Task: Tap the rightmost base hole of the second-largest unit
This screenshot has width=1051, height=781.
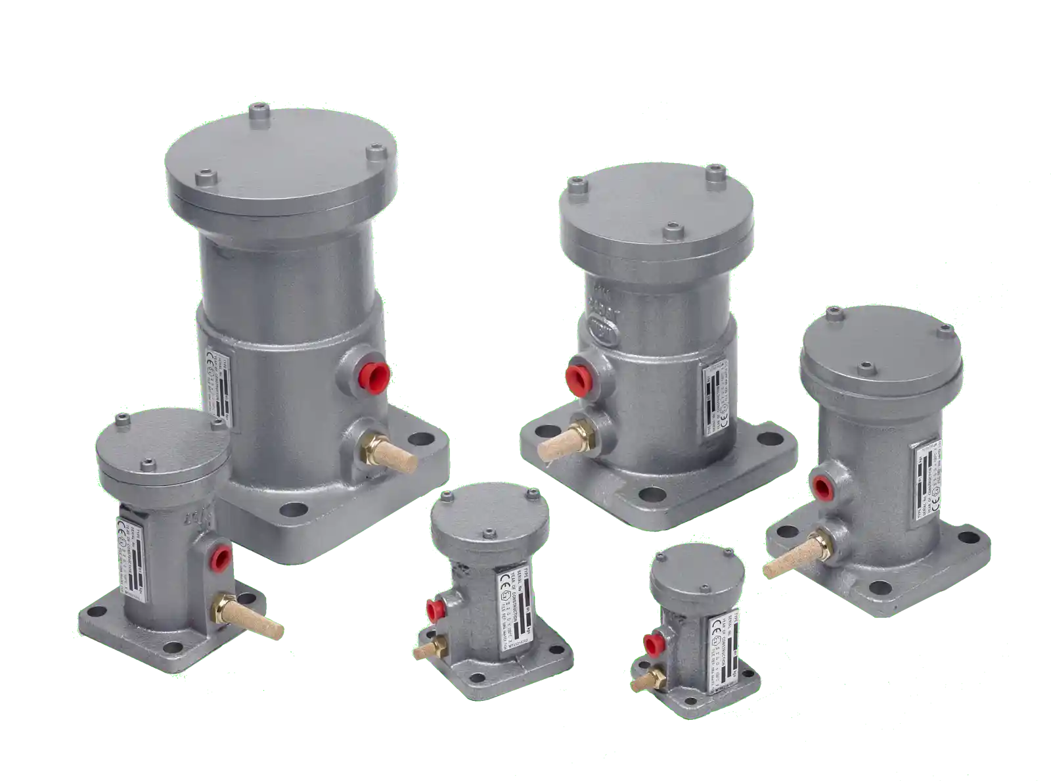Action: click(766, 439)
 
